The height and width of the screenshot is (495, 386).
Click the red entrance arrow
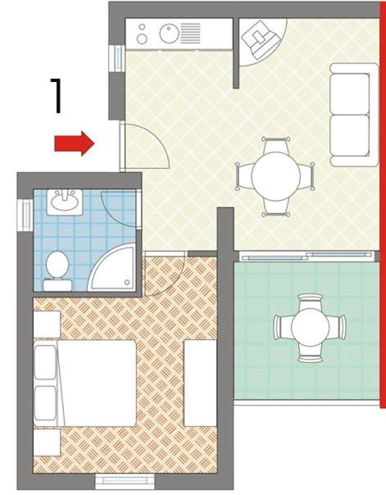[x=75, y=143]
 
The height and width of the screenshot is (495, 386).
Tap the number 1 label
[x=57, y=96]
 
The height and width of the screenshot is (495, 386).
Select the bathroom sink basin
[x=65, y=202]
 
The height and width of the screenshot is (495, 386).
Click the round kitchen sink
[x=169, y=34]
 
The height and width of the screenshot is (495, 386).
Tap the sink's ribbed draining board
[x=191, y=33]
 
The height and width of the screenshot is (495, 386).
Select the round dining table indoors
[x=275, y=176]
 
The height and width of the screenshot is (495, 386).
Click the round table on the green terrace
[x=310, y=327]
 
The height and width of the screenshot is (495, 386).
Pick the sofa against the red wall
[x=354, y=115]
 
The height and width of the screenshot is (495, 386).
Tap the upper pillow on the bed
[x=45, y=362]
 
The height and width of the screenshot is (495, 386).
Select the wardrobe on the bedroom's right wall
[x=200, y=383]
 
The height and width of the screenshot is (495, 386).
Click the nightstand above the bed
[x=47, y=325]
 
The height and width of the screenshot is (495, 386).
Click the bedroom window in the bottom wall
[x=125, y=481]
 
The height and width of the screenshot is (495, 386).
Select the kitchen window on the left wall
[x=117, y=58]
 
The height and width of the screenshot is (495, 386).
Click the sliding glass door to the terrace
[x=307, y=256]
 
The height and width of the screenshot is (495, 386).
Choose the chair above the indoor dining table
[x=275, y=146]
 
